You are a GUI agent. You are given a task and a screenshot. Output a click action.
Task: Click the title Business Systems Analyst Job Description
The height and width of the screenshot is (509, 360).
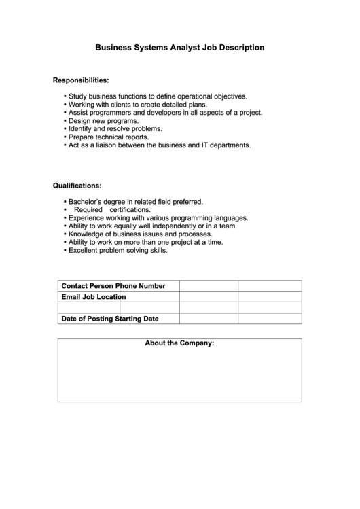179,48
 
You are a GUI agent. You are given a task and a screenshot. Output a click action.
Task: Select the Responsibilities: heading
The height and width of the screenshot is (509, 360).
81,81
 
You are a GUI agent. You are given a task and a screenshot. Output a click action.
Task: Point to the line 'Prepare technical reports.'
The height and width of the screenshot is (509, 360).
108,137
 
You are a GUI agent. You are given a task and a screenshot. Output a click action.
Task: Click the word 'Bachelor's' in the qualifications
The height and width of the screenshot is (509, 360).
85,202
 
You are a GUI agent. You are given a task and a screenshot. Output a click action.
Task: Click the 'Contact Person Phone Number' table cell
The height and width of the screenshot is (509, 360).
113,286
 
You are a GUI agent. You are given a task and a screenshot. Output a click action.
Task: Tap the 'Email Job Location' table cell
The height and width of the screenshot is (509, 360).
94,297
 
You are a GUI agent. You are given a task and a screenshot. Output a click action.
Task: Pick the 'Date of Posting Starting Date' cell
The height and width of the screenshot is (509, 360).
109,319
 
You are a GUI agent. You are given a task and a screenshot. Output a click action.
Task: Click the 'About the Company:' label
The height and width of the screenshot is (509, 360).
179,343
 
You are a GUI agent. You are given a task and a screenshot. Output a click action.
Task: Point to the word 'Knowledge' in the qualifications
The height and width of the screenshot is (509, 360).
86,234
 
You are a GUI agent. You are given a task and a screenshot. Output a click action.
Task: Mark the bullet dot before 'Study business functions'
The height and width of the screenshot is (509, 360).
64,96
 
